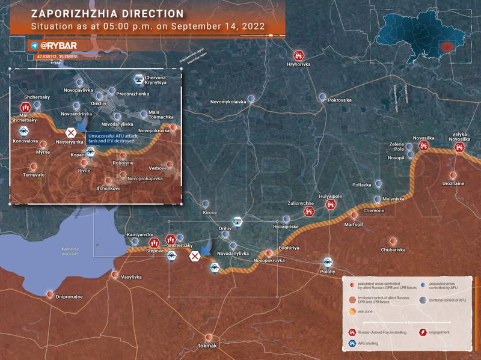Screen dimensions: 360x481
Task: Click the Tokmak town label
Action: tap(207, 347)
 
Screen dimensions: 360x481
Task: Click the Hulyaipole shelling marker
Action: tap(330, 204)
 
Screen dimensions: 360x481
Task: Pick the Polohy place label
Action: tap(328, 272)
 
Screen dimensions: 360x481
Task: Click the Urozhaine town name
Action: tap(454, 183)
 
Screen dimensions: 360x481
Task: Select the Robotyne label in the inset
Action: tap(123, 163)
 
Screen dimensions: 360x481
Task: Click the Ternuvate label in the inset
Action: tap(34, 175)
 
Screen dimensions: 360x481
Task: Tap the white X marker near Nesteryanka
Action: tap(71, 132)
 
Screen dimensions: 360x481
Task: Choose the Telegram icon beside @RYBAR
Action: tap(34, 45)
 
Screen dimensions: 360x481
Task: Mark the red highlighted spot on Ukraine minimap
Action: tap(446, 46)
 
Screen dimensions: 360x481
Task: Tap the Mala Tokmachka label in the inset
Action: tap(161, 117)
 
